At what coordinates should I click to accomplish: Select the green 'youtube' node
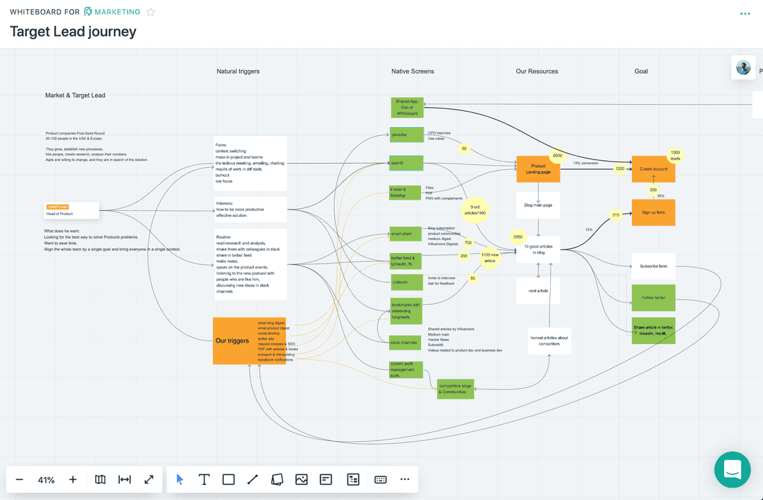pyautogui.click(x=406, y=135)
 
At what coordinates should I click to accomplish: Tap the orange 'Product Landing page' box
pyautogui.click(x=538, y=169)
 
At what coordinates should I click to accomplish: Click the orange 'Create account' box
pyautogui.click(x=653, y=169)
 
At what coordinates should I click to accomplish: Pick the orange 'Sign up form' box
pyautogui.click(x=653, y=212)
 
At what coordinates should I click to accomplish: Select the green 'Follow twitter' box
pyautogui.click(x=653, y=298)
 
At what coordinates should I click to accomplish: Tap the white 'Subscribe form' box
pyautogui.click(x=653, y=266)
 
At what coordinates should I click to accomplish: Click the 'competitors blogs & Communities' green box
pyautogui.click(x=456, y=389)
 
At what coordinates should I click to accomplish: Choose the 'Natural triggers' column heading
pyautogui.click(x=237, y=71)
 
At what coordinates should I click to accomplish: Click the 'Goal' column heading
pyautogui.click(x=641, y=71)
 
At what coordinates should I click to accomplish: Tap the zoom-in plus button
pyautogui.click(x=73, y=479)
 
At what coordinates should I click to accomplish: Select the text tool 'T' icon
pyautogui.click(x=204, y=479)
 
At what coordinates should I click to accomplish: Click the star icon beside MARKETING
pyautogui.click(x=151, y=12)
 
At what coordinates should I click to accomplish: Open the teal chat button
pyautogui.click(x=732, y=469)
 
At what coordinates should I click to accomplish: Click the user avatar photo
pyautogui.click(x=743, y=68)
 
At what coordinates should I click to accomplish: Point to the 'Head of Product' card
pyautogui.click(x=72, y=210)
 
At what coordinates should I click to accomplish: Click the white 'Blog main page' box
pyautogui.click(x=538, y=205)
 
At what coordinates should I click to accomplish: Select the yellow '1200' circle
pyautogui.click(x=620, y=169)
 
